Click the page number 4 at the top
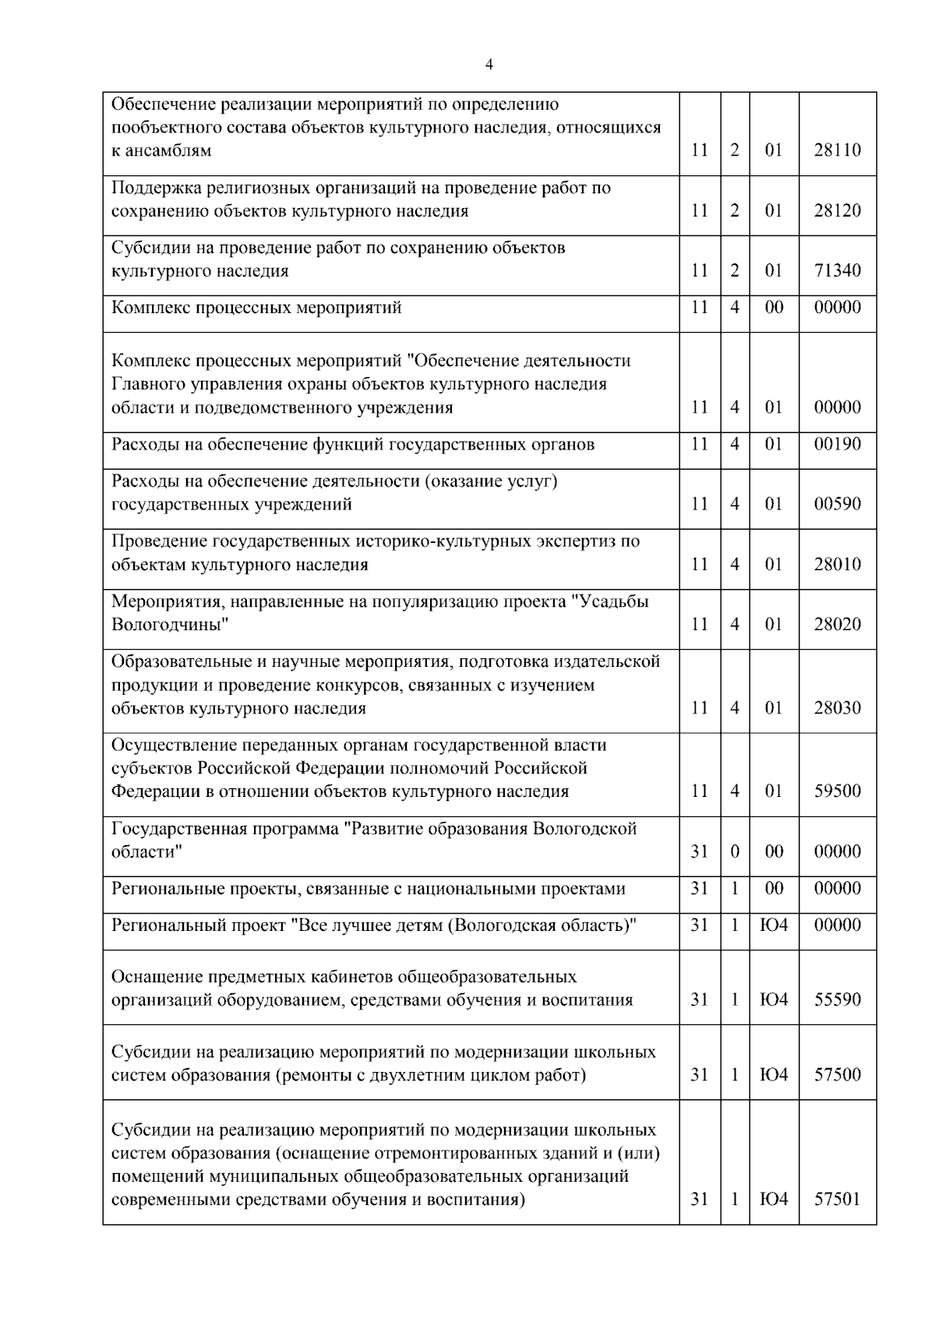tap(489, 65)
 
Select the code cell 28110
tap(838, 150)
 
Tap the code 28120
tap(838, 211)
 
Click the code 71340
tap(838, 271)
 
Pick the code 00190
tap(838, 444)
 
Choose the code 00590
tap(838, 504)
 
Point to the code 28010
tap(838, 564)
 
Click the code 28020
tap(838, 624)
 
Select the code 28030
tap(838, 708)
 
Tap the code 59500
tap(838, 791)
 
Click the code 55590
tap(838, 999)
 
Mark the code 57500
tap(838, 1075)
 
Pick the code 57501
tap(838, 1199)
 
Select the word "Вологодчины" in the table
tap(170, 625)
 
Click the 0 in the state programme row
tap(735, 851)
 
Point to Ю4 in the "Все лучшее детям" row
tap(774, 925)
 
